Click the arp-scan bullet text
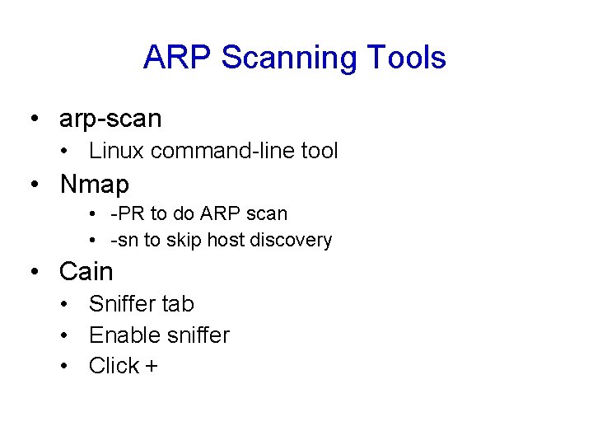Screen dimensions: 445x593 coord(110,119)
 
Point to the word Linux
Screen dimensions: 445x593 coord(118,151)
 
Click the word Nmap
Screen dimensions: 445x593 coord(94,184)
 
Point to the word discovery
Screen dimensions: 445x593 coord(293,241)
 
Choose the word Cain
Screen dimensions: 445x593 coord(86,271)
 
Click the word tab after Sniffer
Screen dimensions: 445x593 coord(178,304)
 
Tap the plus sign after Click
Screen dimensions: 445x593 coord(151,366)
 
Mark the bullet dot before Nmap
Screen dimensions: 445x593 coord(35,185)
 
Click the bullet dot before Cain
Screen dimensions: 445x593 coord(35,272)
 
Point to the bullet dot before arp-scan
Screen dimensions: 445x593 coord(35,119)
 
